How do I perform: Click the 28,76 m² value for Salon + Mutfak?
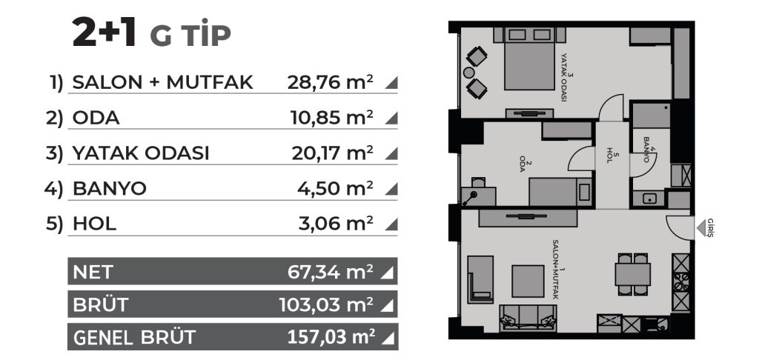330,82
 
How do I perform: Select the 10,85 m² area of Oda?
331,118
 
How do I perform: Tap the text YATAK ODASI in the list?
141,153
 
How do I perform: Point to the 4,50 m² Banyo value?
335,189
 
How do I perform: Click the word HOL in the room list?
94,224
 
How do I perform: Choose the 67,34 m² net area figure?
330,272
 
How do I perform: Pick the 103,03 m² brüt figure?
326,305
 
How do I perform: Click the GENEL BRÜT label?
134,337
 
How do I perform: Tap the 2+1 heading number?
104,32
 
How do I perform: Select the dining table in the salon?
633,274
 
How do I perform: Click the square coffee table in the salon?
528,281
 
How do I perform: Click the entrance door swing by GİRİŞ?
677,227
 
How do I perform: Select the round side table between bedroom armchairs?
468,73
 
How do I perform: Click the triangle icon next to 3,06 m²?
391,224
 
